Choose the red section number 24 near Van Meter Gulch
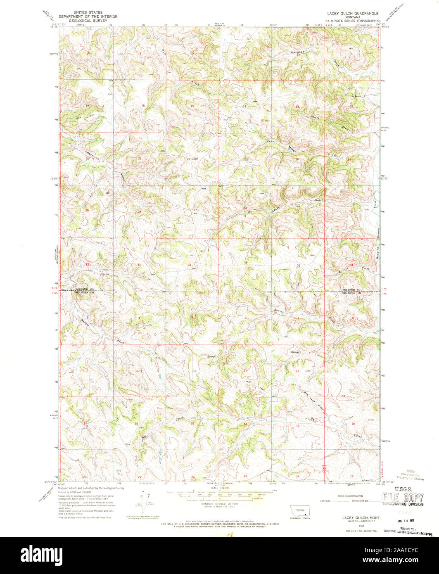click(x=297, y=159)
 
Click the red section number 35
click(x=246, y=263)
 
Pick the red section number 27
click(x=195, y=210)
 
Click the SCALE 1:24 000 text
click(x=220, y=488)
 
